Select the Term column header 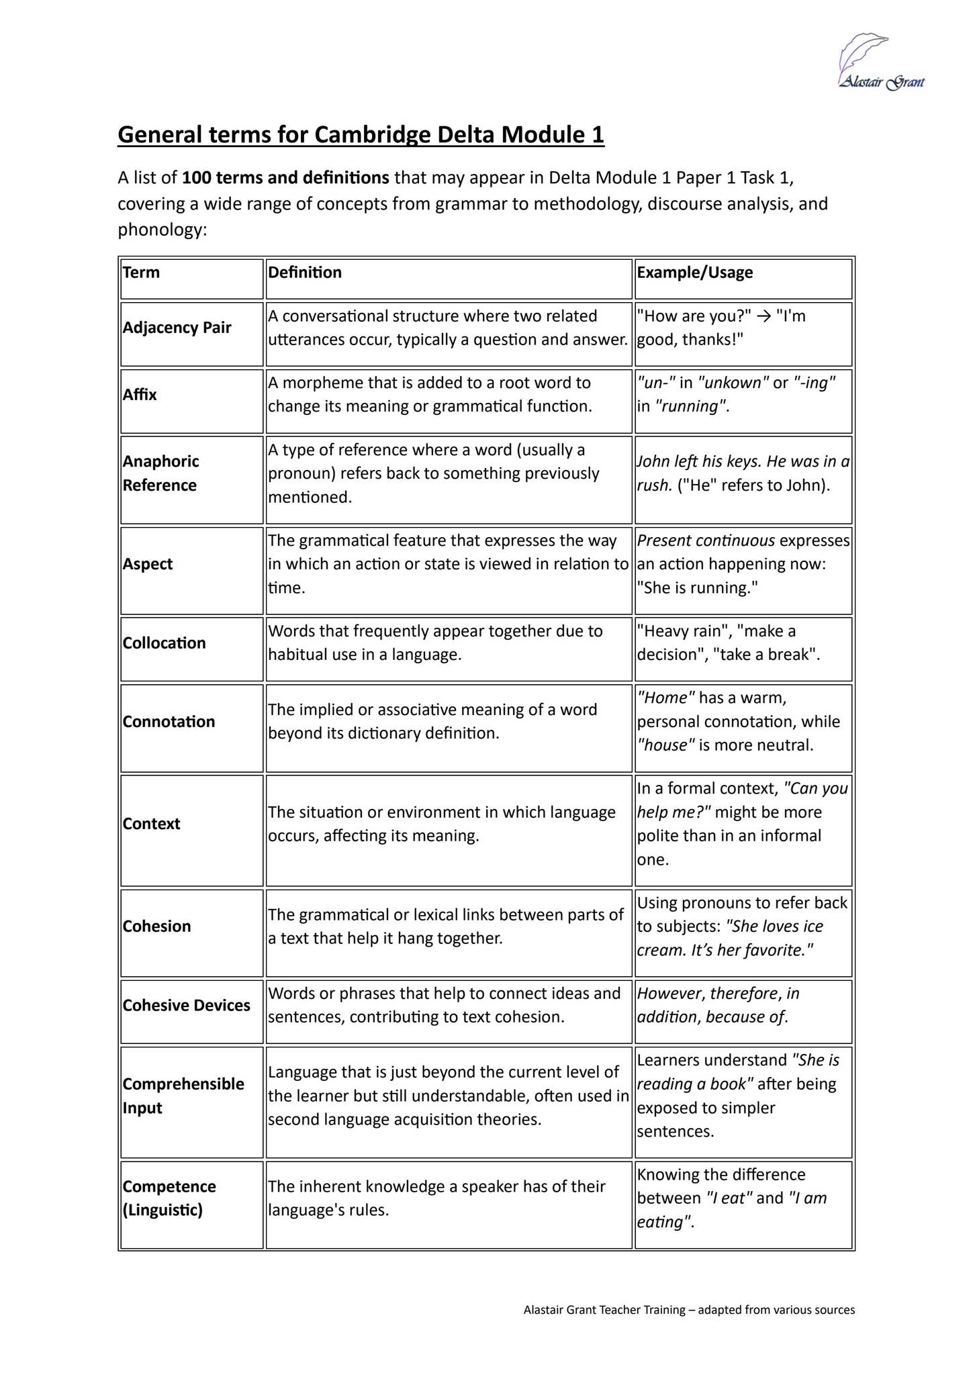point(141,273)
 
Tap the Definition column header point(305,273)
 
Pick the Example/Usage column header point(694,273)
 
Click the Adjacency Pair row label point(177,328)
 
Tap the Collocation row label point(165,643)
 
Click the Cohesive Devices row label point(186,1005)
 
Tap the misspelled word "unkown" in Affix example point(733,383)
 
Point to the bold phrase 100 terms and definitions point(285,178)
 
